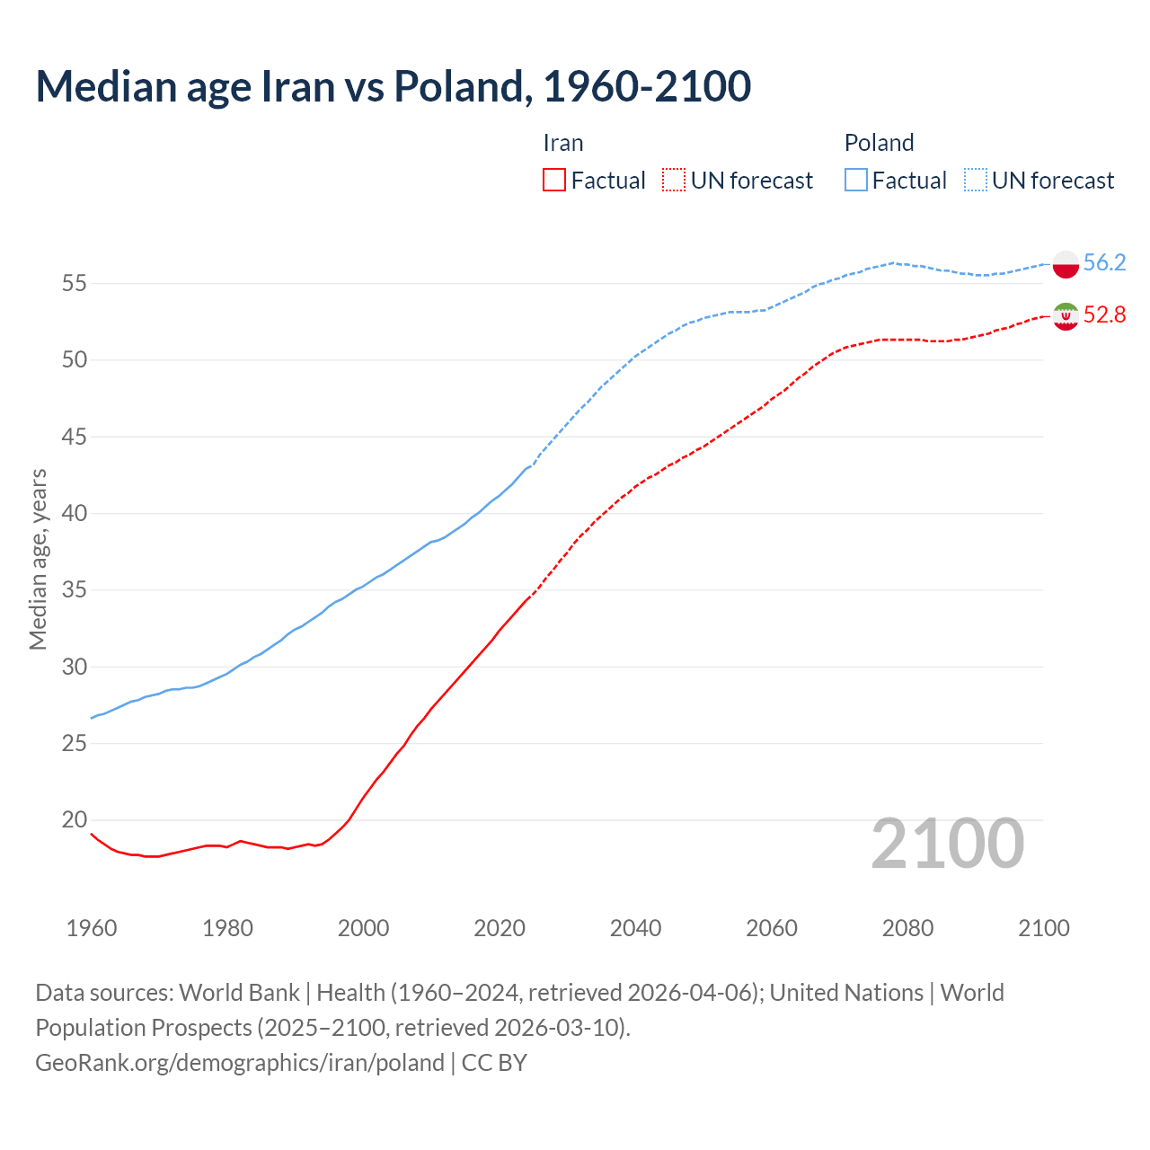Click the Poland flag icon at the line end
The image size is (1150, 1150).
1066,264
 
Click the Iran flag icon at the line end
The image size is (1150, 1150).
1066,316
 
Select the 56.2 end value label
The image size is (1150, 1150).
1104,262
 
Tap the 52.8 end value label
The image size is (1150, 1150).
1104,314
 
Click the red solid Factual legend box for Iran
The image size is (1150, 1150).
554,181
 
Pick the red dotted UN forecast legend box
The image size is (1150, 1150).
674,181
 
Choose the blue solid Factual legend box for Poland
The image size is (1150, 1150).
856,181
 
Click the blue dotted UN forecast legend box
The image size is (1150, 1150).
976,181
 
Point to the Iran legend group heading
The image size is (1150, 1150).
563,143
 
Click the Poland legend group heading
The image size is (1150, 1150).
879,143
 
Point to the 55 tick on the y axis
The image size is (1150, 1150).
74,284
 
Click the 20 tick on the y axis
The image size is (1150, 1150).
74,820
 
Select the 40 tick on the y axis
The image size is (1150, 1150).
74,514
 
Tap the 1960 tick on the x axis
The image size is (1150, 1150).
92,928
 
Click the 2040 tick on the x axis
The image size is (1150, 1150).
635,928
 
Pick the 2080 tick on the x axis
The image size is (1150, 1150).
907,928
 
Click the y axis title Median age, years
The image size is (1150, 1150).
38,559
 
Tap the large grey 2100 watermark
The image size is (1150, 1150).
948,843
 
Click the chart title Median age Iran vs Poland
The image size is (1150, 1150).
394,86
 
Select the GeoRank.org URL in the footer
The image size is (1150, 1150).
240,1063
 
